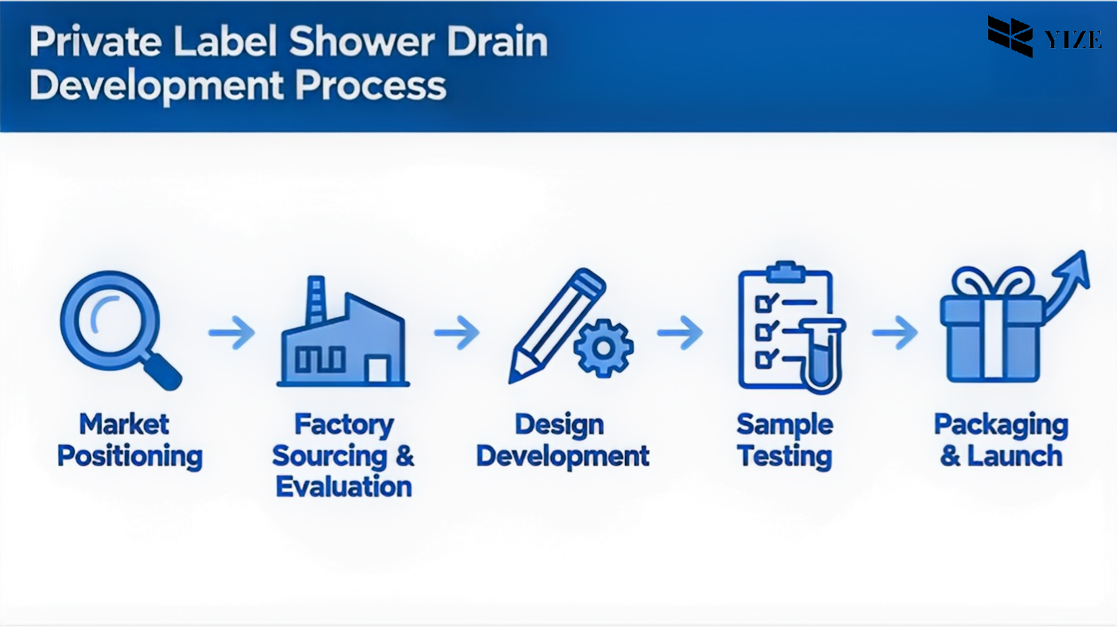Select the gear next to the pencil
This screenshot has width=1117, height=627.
pos(603,348)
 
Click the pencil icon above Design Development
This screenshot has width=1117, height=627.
pos(553,324)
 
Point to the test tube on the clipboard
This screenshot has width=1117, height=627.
pos(822,355)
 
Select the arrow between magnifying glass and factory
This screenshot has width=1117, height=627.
pos(231,332)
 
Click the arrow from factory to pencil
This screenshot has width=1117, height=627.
pos(457,332)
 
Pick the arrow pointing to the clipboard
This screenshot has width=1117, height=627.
pos(680,332)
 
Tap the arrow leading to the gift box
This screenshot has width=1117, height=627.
pos(894,332)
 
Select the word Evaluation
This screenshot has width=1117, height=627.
pos(344,486)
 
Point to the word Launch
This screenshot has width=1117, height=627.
pos(1015,456)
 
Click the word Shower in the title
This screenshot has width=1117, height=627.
pos(362,41)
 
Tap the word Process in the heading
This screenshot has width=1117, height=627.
pos(371,85)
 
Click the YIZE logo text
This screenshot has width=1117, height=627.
pos(1073,39)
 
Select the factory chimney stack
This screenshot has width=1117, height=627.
pos(316,299)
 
